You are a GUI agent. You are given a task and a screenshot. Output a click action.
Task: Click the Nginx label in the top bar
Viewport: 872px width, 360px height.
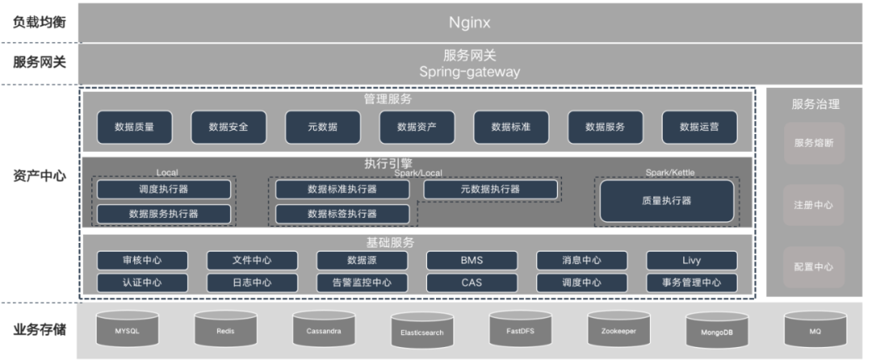coord(471,22)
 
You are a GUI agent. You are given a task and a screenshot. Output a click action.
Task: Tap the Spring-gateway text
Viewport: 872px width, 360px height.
coord(470,72)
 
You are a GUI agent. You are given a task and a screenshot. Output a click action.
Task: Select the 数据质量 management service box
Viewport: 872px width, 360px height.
coord(134,127)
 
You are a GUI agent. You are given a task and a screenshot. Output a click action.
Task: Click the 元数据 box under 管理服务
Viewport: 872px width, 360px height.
coord(323,127)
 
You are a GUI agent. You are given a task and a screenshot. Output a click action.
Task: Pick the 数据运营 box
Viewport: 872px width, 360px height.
coord(699,127)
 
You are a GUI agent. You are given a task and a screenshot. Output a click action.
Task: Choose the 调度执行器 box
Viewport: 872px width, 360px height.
coord(164,189)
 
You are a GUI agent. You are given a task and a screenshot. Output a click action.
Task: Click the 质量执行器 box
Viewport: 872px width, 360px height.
coord(666,201)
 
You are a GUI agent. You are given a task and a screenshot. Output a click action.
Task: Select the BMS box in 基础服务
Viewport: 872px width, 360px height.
coord(471,260)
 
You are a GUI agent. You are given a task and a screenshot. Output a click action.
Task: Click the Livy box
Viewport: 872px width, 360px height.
coord(691,260)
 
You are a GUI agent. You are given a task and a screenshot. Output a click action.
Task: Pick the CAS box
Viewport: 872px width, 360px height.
coord(471,283)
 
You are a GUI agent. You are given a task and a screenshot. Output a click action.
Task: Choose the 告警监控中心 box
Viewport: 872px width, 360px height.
coord(362,283)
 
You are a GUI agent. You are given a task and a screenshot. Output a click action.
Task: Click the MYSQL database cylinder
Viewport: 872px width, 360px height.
coord(128,330)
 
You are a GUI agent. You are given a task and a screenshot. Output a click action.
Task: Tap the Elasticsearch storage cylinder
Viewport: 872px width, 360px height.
coord(423,332)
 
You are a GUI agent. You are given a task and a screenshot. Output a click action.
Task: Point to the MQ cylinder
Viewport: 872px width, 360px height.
coord(816,330)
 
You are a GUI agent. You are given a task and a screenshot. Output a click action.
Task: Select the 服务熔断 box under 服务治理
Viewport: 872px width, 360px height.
coord(814,143)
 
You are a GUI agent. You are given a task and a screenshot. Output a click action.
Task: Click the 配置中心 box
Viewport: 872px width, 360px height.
coord(814,267)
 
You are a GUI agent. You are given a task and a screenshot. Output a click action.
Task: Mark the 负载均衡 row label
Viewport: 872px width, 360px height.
coord(39,22)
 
